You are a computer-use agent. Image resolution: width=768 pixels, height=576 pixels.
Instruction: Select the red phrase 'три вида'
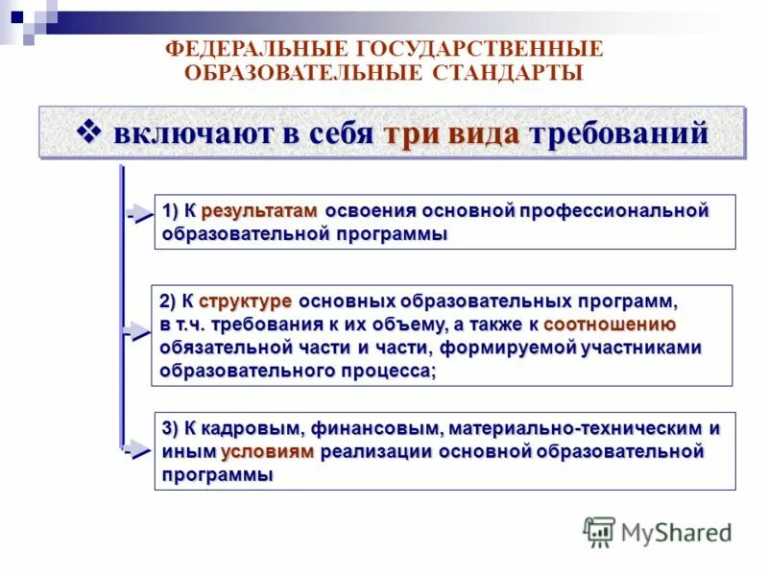(x=451, y=133)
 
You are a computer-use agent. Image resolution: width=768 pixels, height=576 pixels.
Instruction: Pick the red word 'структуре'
(x=246, y=300)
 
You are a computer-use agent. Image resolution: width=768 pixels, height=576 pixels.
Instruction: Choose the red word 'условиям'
(x=267, y=451)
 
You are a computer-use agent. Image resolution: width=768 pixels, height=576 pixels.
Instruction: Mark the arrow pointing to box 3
(x=139, y=449)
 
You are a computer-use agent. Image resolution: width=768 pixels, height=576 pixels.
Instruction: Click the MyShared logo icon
(x=599, y=531)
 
